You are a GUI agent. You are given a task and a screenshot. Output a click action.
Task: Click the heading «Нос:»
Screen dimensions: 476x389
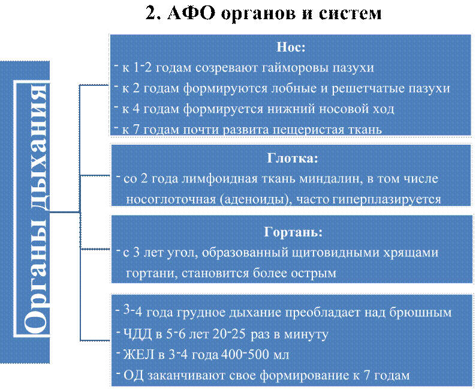point(291,47)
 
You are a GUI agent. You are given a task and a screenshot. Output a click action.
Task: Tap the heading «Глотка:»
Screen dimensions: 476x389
point(293,158)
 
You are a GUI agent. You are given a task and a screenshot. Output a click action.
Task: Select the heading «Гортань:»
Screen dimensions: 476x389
point(293,232)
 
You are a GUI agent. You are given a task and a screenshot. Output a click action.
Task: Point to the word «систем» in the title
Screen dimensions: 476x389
point(350,14)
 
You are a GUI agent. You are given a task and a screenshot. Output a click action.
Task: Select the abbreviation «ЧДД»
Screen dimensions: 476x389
point(137,334)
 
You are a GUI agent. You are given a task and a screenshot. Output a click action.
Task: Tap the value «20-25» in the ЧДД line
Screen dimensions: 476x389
point(229,334)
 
